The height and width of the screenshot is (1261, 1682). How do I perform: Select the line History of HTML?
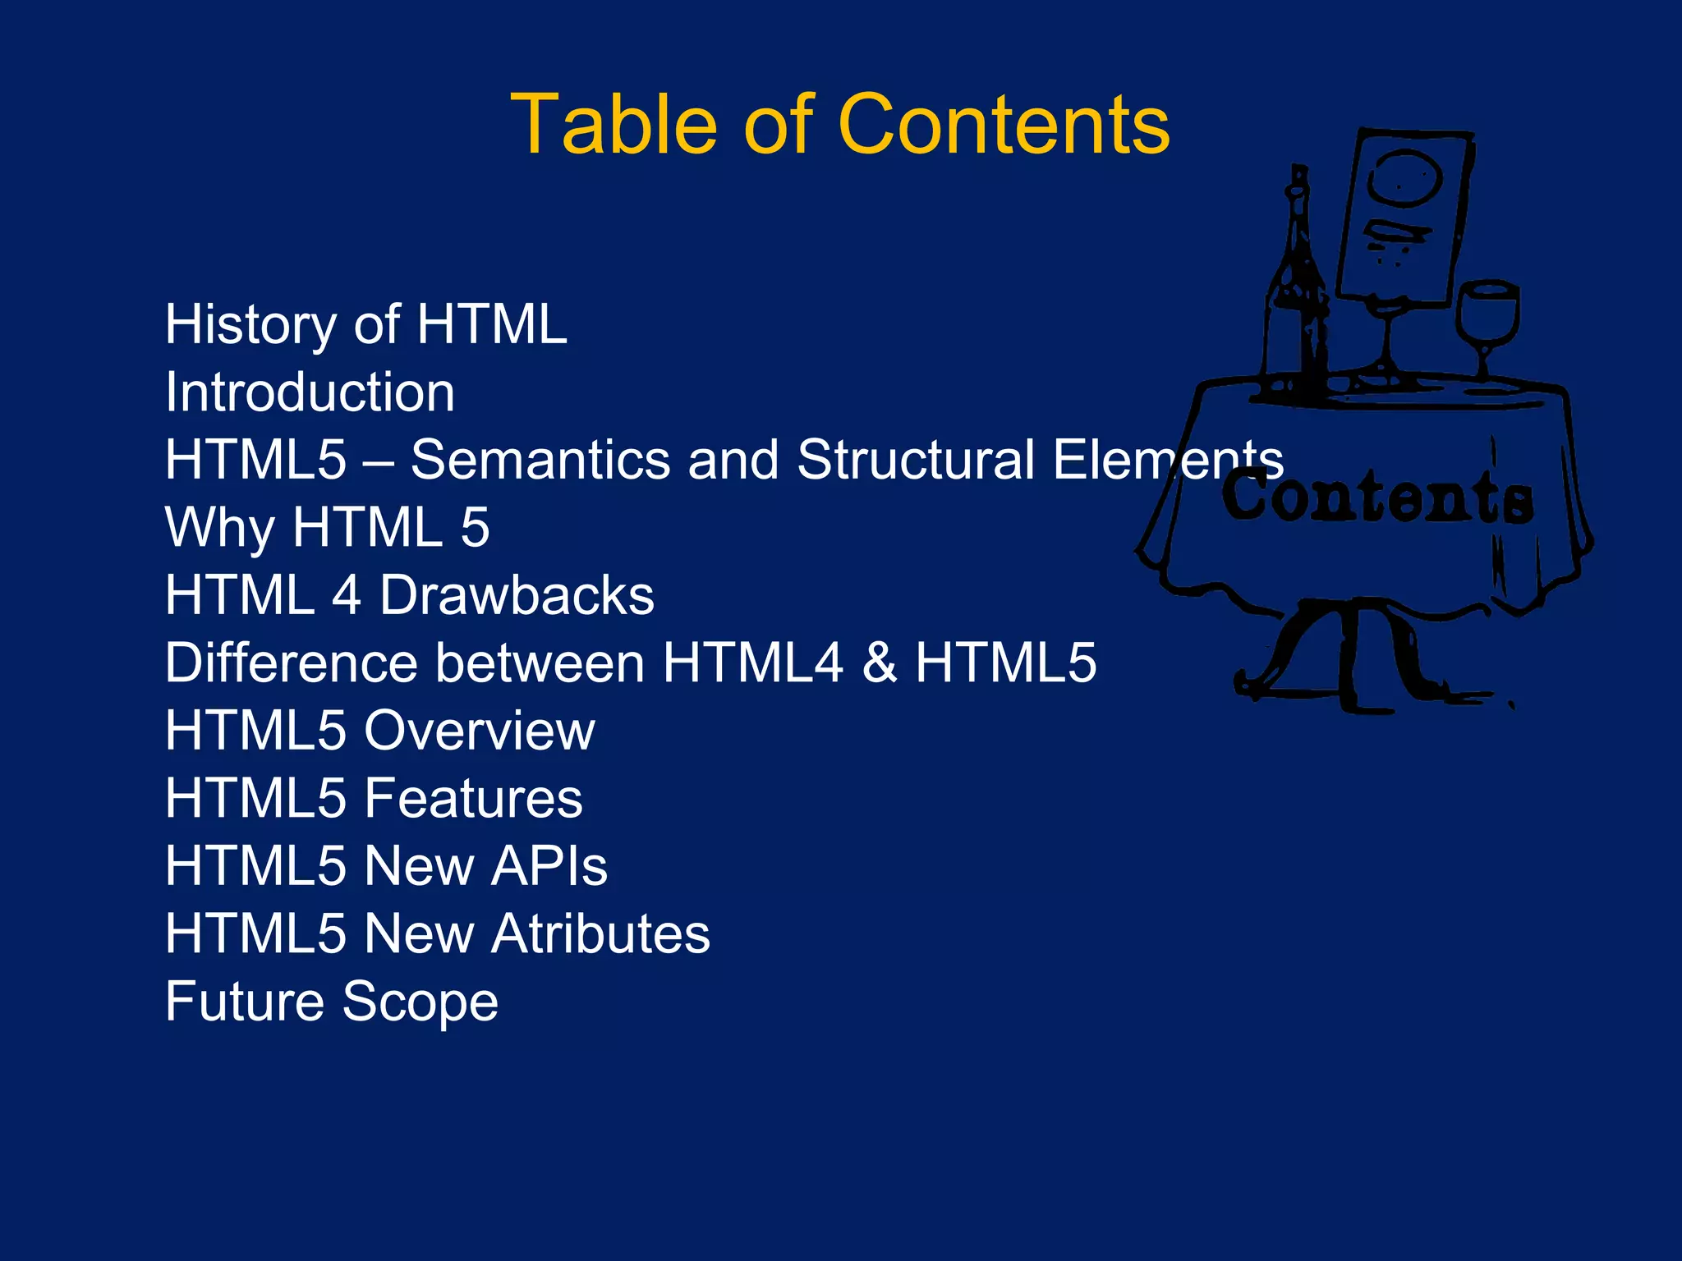pos(365,324)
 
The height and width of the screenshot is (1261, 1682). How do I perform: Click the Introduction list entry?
pos(310,392)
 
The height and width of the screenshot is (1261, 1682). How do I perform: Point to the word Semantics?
pos(540,460)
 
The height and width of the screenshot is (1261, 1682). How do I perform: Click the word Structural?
pos(916,460)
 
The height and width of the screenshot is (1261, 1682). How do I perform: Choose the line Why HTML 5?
pos(327,527)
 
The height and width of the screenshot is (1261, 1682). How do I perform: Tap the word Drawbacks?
pos(517,595)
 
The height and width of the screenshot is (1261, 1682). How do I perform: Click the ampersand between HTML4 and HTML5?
pos(880,663)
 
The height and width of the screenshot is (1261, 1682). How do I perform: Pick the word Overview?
pos(480,731)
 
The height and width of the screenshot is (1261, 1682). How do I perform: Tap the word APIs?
pos(549,866)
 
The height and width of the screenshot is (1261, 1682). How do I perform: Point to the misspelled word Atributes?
pos(601,933)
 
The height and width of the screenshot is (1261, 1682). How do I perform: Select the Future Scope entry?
pos(331,1002)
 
